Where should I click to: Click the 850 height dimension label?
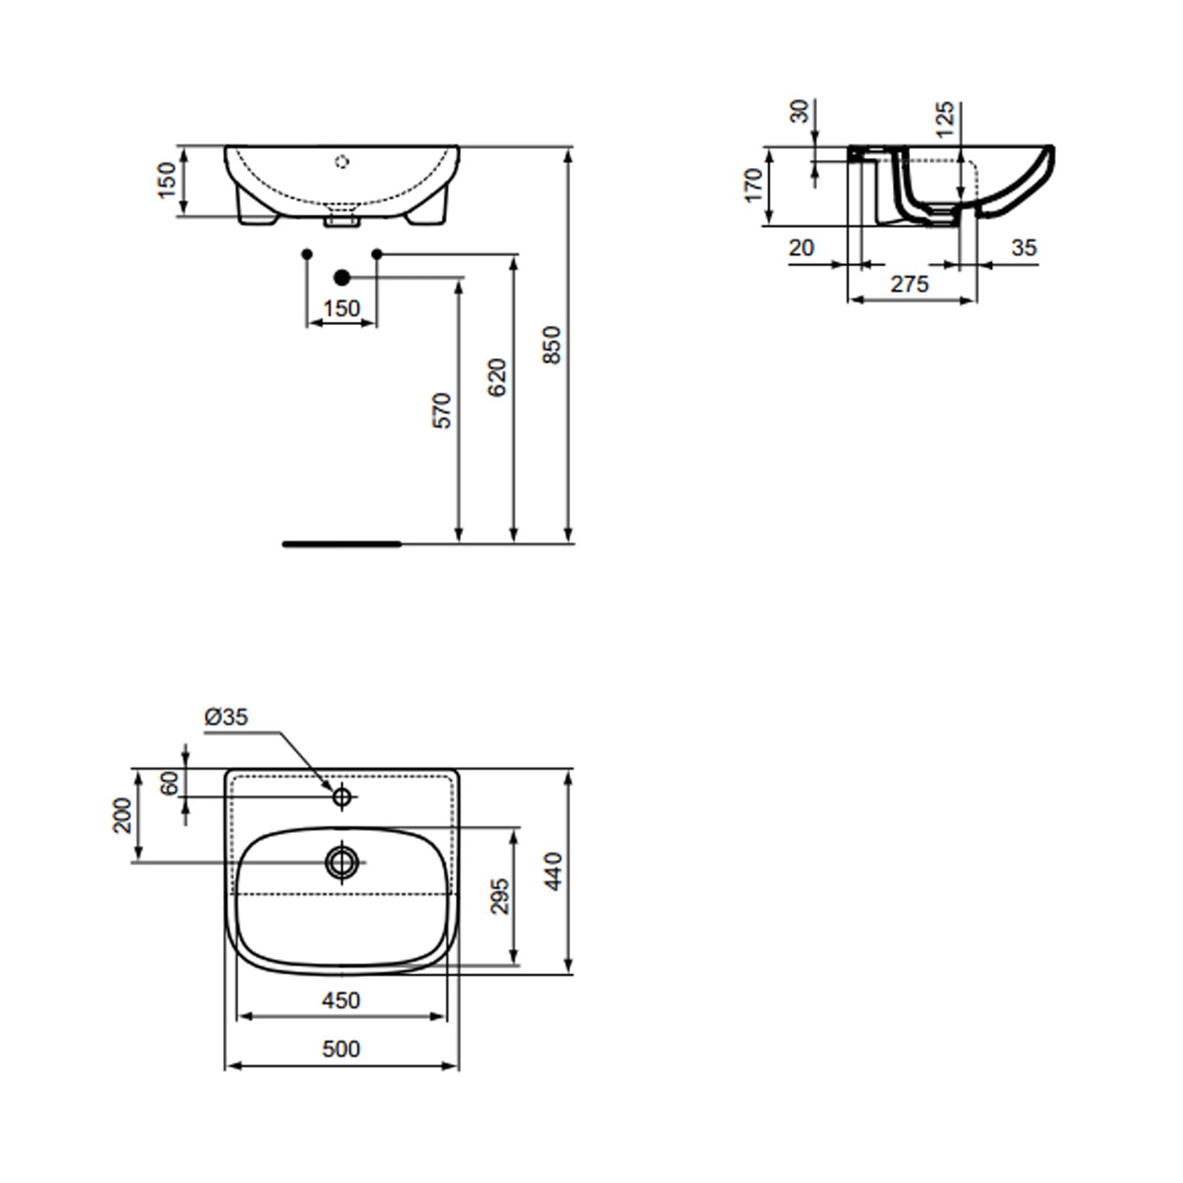coord(553,345)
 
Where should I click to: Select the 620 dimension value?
coord(497,377)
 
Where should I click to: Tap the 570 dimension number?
coord(443,410)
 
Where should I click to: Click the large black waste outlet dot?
coord(341,277)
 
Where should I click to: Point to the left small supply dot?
coord(308,253)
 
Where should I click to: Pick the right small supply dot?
coord(376,253)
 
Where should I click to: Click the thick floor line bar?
coord(341,543)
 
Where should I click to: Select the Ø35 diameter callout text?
coord(226,716)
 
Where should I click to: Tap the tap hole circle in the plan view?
coord(341,797)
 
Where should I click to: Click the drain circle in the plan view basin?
coord(341,861)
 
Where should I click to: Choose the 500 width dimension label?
coord(341,1048)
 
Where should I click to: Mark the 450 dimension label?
coord(341,1000)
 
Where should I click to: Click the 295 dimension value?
coord(500,896)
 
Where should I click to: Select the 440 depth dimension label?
coord(554,871)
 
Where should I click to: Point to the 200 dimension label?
coord(122,815)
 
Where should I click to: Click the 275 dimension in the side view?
coord(909,284)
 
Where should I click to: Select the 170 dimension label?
coord(754,185)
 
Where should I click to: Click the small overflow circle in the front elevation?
coord(341,162)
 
